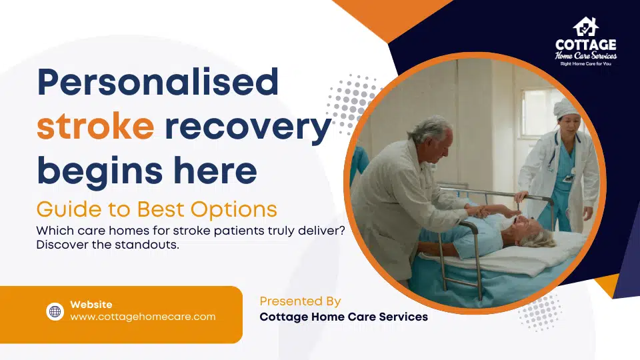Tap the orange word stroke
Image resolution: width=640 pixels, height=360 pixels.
click(x=95, y=127)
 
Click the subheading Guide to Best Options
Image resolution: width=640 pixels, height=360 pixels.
click(x=157, y=209)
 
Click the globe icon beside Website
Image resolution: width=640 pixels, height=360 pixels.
click(x=55, y=311)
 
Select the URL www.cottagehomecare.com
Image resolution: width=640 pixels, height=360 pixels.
click(x=143, y=317)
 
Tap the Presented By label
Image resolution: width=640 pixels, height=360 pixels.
click(x=300, y=301)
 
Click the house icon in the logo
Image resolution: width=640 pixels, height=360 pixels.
click(x=585, y=26)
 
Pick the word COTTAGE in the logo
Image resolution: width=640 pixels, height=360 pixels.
click(x=585, y=45)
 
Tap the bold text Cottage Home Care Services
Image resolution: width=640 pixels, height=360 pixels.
click(x=343, y=317)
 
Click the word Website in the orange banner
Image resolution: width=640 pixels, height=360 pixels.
click(x=91, y=305)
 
